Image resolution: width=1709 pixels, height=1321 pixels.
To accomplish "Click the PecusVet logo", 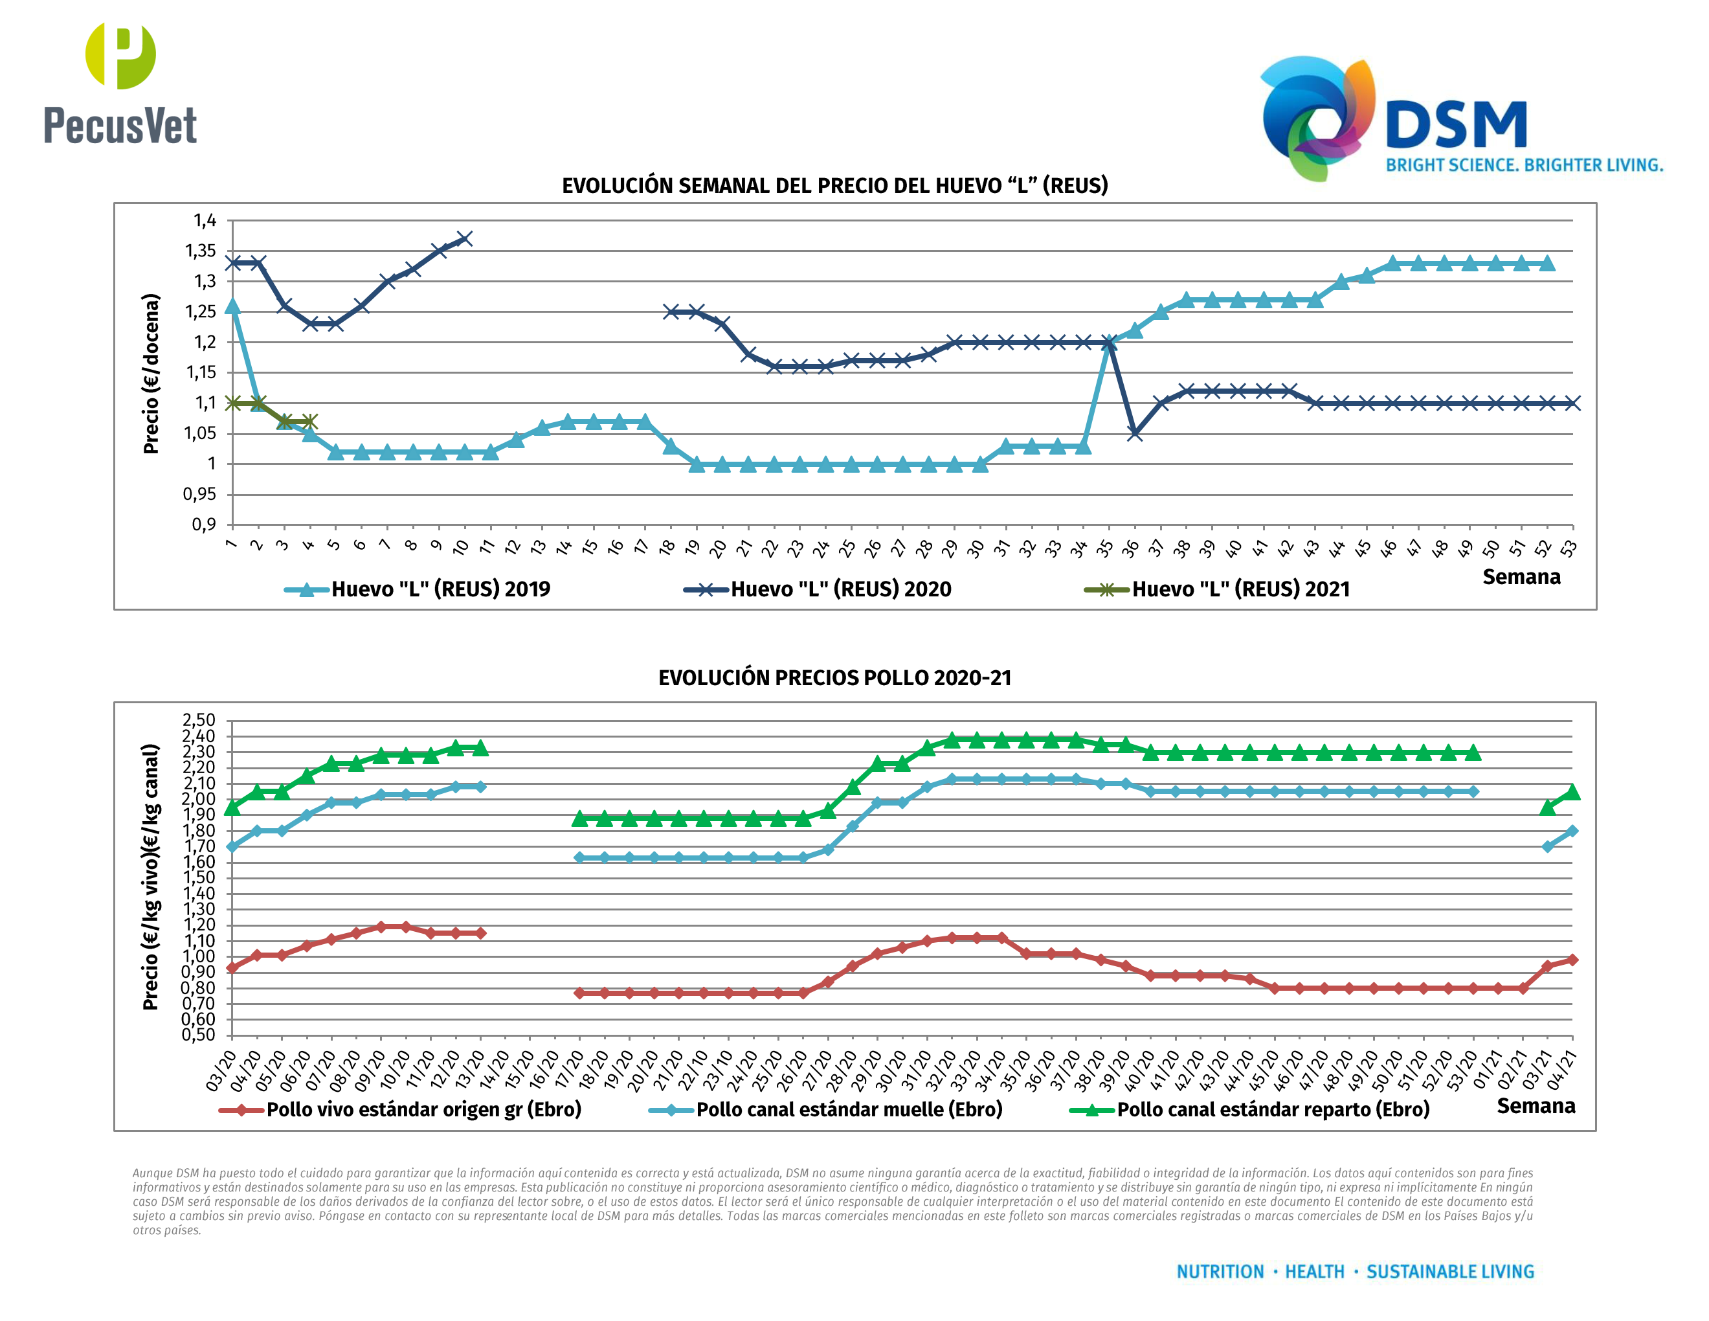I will (120, 85).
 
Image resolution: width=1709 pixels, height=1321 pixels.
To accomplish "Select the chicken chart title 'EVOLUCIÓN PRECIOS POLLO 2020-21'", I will (835, 678).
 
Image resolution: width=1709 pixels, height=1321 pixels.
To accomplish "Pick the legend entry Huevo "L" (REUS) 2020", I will (840, 589).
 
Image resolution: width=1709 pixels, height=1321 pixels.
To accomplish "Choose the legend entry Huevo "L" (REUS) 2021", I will (1240, 589).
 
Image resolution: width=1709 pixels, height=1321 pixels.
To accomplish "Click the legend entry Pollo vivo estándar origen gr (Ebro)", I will (423, 1110).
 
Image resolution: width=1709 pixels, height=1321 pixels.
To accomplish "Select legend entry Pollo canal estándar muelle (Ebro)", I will (849, 1110).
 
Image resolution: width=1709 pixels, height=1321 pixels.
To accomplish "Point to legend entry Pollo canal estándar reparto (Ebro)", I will (1272, 1110).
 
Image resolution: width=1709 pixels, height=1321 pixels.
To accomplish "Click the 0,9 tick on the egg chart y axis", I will (203, 525).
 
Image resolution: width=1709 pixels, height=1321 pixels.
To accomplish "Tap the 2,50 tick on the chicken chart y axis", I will (198, 720).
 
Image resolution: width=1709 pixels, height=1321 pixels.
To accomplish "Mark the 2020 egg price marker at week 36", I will (1135, 434).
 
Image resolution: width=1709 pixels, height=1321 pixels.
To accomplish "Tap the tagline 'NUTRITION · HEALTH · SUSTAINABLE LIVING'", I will (1356, 1272).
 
